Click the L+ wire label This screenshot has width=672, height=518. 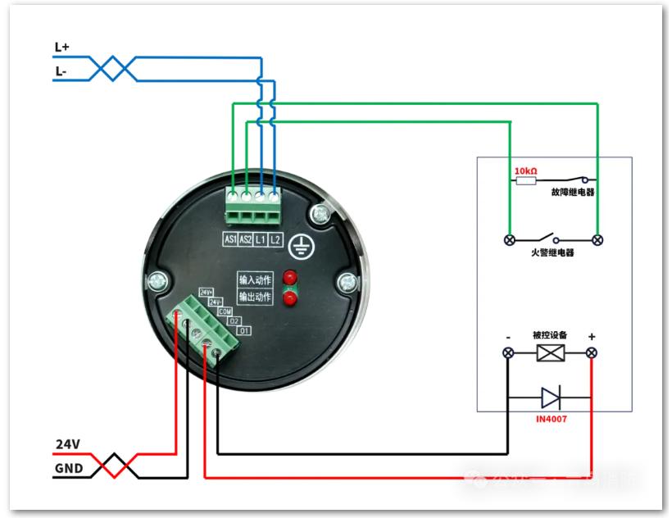click(x=62, y=48)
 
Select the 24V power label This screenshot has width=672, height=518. click(x=68, y=445)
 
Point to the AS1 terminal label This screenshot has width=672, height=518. click(x=230, y=239)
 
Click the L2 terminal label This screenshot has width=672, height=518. click(x=275, y=239)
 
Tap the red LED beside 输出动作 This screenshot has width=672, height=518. click(x=289, y=299)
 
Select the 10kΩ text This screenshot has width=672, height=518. click(x=525, y=170)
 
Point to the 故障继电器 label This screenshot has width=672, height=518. click(x=573, y=193)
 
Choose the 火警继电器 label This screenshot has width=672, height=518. click(x=552, y=253)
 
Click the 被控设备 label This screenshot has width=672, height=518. click(x=550, y=335)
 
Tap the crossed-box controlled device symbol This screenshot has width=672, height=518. click(x=549, y=353)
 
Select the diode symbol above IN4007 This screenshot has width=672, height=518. click(x=550, y=399)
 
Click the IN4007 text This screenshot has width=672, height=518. click(x=551, y=419)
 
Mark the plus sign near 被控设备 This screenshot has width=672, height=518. click(x=592, y=336)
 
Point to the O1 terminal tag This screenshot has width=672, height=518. click(x=243, y=330)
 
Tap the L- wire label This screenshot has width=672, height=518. click(x=61, y=71)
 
